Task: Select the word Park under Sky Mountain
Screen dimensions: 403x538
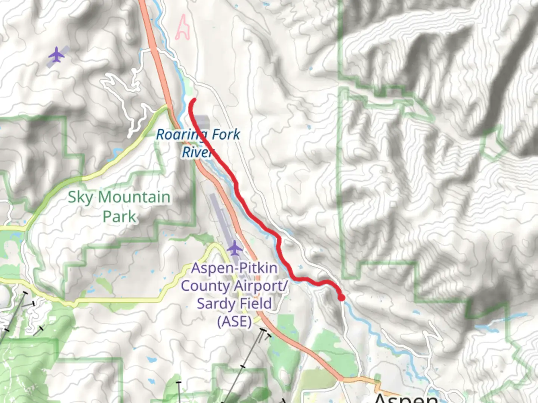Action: click(119, 216)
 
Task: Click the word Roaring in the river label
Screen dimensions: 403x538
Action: click(178, 134)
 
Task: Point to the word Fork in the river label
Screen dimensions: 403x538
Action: click(225, 134)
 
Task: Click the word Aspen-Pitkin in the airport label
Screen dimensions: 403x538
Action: click(235, 268)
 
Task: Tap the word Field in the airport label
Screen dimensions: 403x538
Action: click(256, 304)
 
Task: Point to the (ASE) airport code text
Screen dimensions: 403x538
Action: click(235, 321)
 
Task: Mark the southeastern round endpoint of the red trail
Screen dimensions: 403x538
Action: click(341, 297)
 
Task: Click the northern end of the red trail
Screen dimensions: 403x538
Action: click(194, 100)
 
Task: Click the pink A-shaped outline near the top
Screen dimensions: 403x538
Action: click(182, 28)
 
